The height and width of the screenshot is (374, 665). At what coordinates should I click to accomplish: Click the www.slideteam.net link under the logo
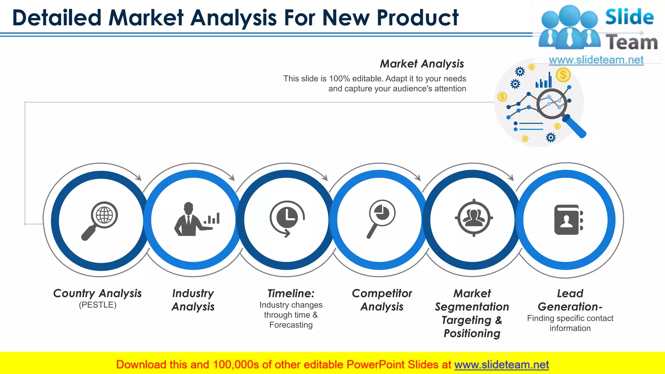coord(596,60)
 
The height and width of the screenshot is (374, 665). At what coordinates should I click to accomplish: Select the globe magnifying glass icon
coord(100,220)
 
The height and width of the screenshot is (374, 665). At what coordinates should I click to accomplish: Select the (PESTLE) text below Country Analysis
coord(97,305)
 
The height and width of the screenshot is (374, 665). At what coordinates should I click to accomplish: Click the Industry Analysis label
coord(193,300)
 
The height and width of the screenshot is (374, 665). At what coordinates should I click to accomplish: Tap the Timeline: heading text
coord(291,293)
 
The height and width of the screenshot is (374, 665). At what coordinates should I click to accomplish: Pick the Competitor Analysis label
coord(382,300)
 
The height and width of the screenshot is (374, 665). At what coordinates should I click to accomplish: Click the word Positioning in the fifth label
coord(472,333)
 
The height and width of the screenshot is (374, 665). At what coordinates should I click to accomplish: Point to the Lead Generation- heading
coord(570,300)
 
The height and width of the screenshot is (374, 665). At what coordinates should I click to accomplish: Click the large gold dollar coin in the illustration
coord(563,75)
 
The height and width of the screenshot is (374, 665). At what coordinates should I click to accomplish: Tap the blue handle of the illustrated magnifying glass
coord(576,127)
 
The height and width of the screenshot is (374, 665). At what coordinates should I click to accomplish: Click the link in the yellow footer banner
coord(501,365)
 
